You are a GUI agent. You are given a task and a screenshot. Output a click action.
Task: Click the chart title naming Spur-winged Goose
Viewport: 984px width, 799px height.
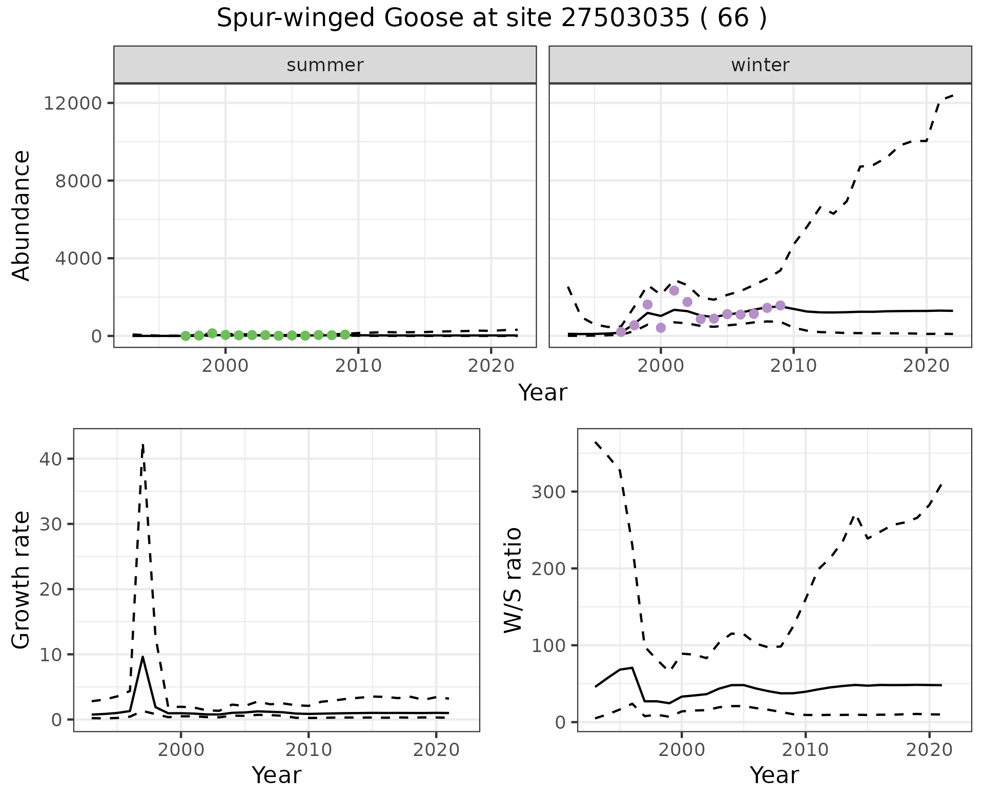pos(491,18)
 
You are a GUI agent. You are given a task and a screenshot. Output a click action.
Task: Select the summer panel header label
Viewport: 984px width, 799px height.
pos(325,65)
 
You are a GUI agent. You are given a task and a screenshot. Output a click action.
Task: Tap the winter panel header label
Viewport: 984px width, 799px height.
pos(760,65)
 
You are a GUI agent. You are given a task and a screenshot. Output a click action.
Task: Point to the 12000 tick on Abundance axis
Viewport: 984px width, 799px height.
pos(73,103)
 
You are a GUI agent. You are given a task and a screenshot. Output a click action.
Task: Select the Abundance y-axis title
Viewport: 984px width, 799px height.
pos(22,215)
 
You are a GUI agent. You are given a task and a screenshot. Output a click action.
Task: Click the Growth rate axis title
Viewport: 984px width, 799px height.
pos(22,580)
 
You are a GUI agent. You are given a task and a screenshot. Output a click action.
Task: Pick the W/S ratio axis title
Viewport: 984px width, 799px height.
pos(512,580)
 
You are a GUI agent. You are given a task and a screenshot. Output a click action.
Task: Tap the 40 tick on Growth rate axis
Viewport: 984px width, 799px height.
pos(50,459)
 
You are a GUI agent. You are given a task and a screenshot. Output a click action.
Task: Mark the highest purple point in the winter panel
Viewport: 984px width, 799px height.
pos(674,290)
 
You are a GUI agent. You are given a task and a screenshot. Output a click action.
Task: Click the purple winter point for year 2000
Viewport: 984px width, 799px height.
pos(661,328)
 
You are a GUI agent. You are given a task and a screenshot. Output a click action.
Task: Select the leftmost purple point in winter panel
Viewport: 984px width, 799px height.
pos(621,332)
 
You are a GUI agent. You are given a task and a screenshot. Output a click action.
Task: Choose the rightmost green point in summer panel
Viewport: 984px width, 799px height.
pos(345,334)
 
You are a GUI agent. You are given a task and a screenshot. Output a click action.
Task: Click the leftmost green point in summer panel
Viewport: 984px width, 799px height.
pos(186,336)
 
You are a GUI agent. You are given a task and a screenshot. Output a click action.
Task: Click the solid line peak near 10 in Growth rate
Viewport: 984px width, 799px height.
pos(142,657)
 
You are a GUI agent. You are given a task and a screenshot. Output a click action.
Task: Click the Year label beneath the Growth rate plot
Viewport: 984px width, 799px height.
pos(276,775)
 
